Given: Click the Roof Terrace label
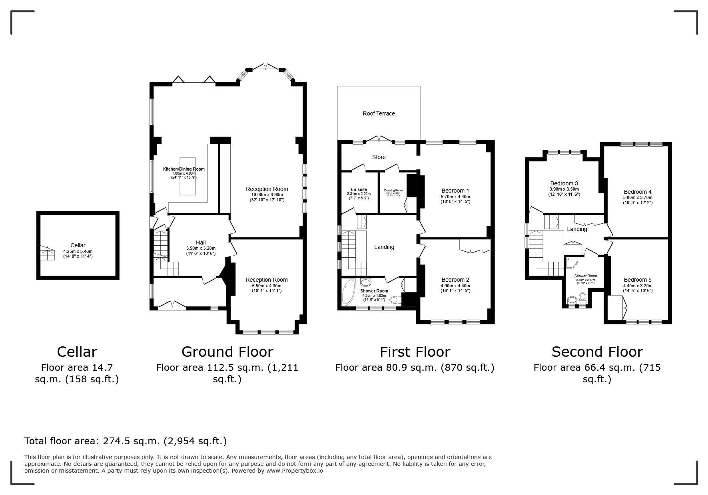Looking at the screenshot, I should pyautogui.click(x=379, y=113).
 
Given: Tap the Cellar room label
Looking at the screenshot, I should pyautogui.click(x=78, y=245).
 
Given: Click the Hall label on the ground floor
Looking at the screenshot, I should pyautogui.click(x=201, y=243).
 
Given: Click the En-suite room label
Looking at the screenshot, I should pyautogui.click(x=359, y=189).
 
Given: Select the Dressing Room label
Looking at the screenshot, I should pyautogui.click(x=393, y=190).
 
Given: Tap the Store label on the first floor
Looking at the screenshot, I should pyautogui.click(x=379, y=157).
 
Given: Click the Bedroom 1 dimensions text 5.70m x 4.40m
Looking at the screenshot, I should pyautogui.click(x=455, y=197).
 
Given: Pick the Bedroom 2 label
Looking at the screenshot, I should pyautogui.click(x=455, y=280).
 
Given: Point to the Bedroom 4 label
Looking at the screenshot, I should pyautogui.click(x=637, y=192).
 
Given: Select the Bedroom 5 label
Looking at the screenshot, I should pyautogui.click(x=637, y=280).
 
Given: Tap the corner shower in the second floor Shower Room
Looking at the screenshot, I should pyautogui.click(x=572, y=262).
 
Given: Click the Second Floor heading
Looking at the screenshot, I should pyautogui.click(x=597, y=352).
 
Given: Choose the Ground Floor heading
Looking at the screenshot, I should pyautogui.click(x=227, y=352).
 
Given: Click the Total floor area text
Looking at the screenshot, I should pyautogui.click(x=126, y=441).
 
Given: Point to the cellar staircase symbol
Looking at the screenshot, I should pyautogui.click(x=47, y=253).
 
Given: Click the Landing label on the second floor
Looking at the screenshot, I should pyautogui.click(x=577, y=229).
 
